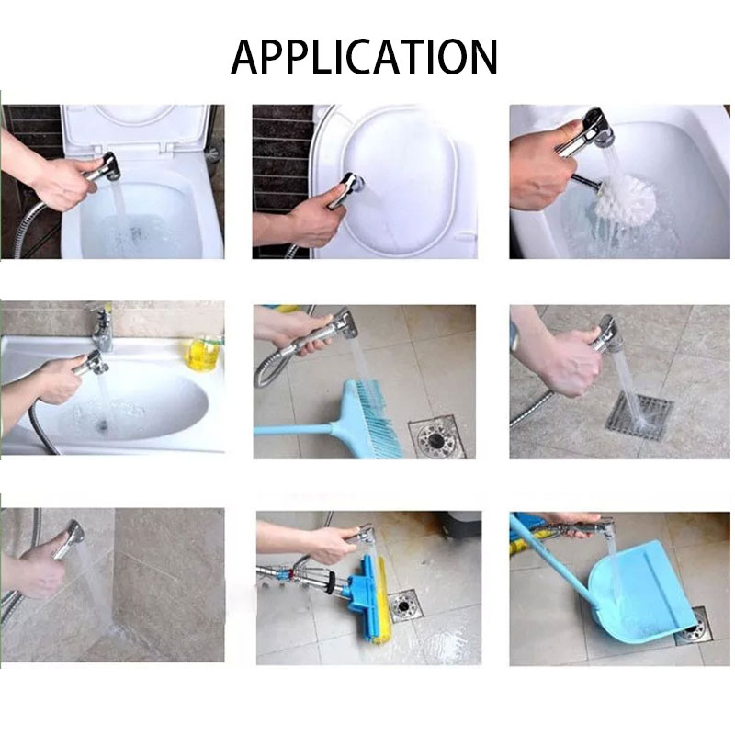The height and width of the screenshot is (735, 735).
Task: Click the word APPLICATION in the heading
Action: (364, 57)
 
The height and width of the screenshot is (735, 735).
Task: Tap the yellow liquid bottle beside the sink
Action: (202, 353)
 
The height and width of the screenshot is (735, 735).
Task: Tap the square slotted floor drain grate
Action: (639, 416)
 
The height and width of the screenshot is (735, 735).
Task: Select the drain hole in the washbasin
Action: (102, 425)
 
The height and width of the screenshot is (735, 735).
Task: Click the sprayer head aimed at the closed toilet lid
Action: (354, 183)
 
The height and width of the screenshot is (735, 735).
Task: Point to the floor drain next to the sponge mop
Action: (403, 606)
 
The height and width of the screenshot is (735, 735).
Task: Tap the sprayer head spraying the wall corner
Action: (75, 533)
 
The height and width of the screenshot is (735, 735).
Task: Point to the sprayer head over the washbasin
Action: (97, 363)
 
